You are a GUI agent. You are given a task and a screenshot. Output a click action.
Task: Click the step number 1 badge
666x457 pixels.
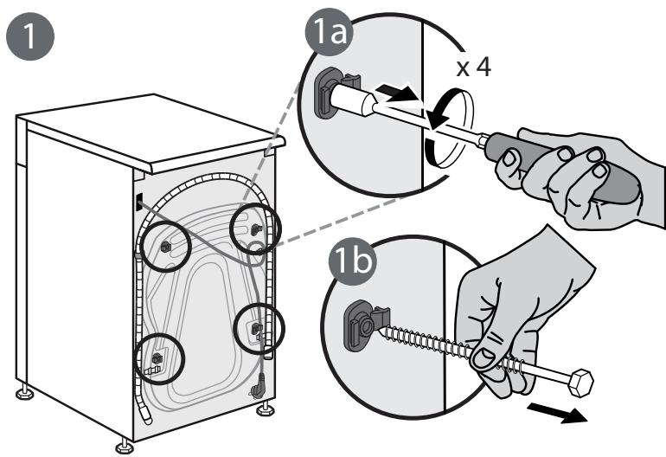tap(30, 35)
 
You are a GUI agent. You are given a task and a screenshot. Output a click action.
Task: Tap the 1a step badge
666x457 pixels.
tap(330, 33)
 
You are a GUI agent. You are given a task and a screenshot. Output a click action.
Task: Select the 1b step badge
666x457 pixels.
tap(352, 261)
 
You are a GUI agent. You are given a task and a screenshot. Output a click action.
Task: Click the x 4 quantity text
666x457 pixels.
tap(474, 68)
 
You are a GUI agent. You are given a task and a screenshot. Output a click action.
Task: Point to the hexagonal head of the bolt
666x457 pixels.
tap(580, 383)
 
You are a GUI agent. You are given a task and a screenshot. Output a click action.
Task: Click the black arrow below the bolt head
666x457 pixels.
tap(557, 413)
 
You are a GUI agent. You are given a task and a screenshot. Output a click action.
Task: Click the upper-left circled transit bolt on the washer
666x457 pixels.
tap(165, 246)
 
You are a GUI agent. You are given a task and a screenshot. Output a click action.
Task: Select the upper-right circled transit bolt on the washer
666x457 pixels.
tap(256, 229)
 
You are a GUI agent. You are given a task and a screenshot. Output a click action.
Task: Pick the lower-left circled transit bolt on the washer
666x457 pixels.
tap(157, 358)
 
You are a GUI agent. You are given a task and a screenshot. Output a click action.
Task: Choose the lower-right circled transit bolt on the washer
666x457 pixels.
tap(257, 328)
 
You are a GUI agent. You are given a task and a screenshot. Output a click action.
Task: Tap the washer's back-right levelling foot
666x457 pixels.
tap(265, 409)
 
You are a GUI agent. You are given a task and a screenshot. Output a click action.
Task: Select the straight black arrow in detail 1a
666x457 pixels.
tap(396, 93)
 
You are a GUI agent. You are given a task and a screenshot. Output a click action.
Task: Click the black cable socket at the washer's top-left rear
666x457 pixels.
tap(140, 202)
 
